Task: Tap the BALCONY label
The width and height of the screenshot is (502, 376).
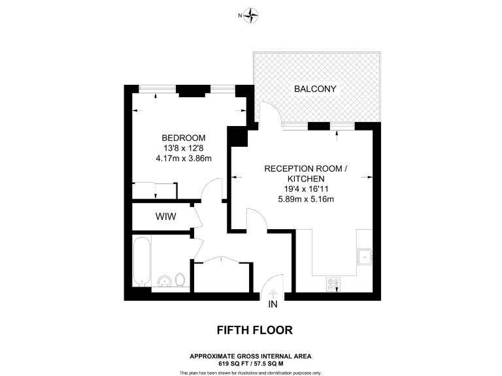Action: coord(316,89)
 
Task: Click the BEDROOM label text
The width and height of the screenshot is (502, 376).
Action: coord(184,138)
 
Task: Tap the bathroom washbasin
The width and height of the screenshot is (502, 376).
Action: coord(165,281)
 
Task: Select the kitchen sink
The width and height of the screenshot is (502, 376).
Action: coord(363,257)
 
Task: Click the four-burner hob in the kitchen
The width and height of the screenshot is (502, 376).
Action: coord(334,284)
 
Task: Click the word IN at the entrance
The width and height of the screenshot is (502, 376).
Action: coord(273,304)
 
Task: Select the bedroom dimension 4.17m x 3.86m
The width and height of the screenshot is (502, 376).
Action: coord(184,158)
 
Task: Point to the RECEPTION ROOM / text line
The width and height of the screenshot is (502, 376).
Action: coord(305,168)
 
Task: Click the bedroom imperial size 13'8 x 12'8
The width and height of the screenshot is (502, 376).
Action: coord(184,148)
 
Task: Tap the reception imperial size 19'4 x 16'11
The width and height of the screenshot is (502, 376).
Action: coord(305,189)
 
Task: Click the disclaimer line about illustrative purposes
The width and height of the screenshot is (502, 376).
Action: coord(250,373)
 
